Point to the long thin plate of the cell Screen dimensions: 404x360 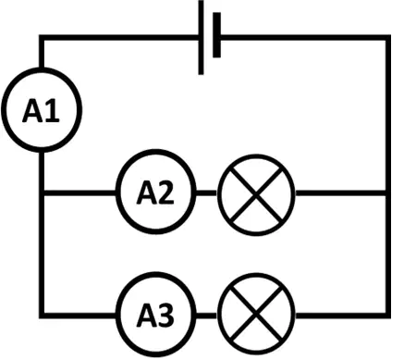tap(201, 37)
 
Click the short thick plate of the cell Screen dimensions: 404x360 tap(216, 35)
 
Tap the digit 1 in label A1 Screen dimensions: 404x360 tap(53, 110)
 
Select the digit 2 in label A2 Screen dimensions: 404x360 tap(165, 192)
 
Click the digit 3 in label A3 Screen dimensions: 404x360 tap(165, 315)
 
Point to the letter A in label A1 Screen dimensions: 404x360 tap(32, 110)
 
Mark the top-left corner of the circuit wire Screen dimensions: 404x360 tap(42, 38)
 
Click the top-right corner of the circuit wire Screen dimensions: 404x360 tap(388, 38)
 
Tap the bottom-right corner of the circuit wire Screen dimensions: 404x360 tap(388, 316)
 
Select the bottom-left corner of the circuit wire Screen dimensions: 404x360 tap(42, 316)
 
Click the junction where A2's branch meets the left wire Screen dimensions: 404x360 tap(42, 193)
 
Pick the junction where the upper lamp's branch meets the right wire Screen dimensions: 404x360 tap(388, 193)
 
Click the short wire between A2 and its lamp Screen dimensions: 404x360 tap(206, 193)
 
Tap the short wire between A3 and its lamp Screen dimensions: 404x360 tap(206, 316)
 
